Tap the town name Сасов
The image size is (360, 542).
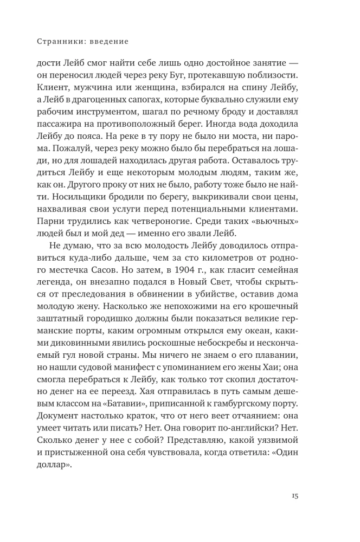[x=126, y=270]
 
